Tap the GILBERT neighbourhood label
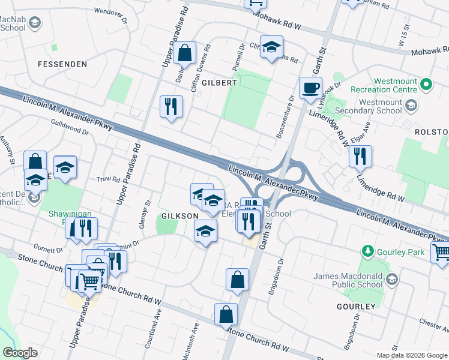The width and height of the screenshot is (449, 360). click(220, 82)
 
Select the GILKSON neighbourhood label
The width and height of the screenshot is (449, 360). click(179, 215)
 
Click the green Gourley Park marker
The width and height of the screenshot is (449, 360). click(367, 250)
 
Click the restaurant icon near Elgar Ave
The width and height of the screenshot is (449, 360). click(360, 157)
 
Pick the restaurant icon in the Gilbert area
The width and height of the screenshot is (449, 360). click(171, 107)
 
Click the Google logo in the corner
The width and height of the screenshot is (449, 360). click(20, 352)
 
